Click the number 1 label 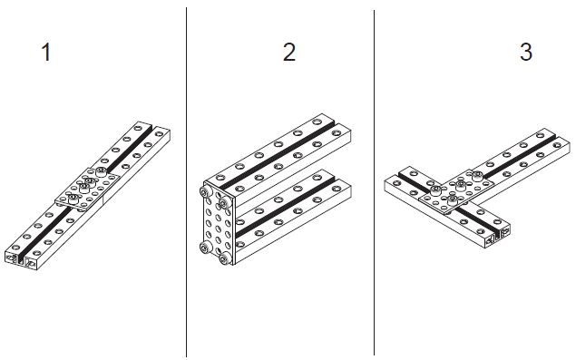coord(46,53)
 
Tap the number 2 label coord(289,53)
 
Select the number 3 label coord(526,53)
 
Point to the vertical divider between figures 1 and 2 coord(186,182)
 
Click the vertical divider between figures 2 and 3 coord(374,182)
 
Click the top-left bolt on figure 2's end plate coord(205,191)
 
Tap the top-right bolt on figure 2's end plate coord(224,201)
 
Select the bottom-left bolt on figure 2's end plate coord(205,248)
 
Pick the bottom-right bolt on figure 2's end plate coord(224,258)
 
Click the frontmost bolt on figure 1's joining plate coord(73,199)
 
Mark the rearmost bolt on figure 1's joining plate coord(101,171)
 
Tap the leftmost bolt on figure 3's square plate coord(435,190)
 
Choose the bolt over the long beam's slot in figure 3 coord(477,176)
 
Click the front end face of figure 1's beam coord(22,259)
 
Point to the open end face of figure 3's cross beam coord(498,236)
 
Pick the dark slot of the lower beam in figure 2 coord(285,207)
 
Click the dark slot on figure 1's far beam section coord(127,147)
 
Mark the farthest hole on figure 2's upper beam coord(317,122)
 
